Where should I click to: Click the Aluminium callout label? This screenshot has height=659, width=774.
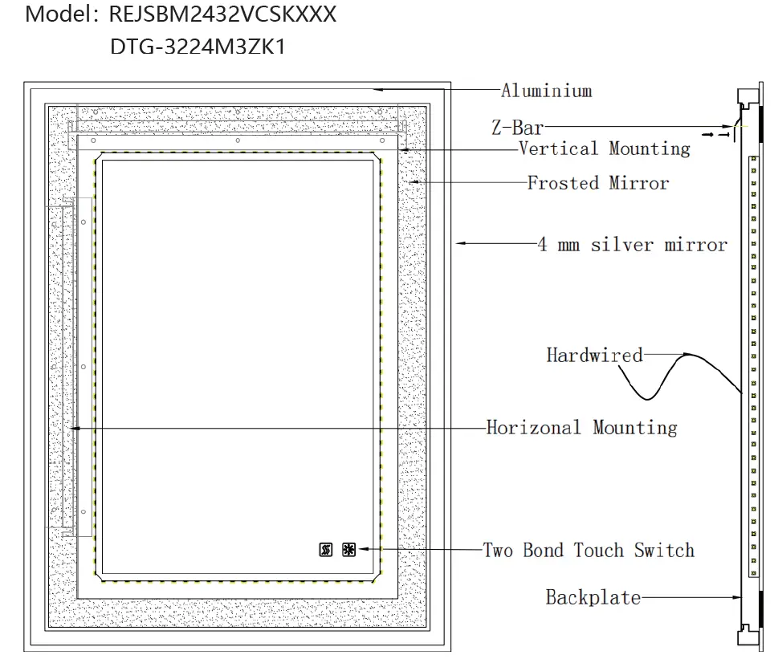click(546, 91)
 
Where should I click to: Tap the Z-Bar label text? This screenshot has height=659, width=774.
click(517, 127)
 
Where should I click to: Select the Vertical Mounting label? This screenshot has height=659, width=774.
click(604, 148)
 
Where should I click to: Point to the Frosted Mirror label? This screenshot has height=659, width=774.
click(597, 183)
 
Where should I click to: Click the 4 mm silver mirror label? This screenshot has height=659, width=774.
click(632, 245)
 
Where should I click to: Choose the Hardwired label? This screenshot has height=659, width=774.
click(594, 355)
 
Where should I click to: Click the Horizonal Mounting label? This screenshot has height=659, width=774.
click(581, 427)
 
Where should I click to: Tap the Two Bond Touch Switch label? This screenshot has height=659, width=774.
click(588, 550)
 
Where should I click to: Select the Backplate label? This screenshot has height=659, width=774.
click(593, 597)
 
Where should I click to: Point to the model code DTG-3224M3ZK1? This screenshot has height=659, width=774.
click(198, 47)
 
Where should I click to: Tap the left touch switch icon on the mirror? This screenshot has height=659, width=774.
click(326, 550)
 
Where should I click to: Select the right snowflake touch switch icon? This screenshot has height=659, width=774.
click(348, 550)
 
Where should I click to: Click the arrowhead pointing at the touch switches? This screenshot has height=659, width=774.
click(363, 549)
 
